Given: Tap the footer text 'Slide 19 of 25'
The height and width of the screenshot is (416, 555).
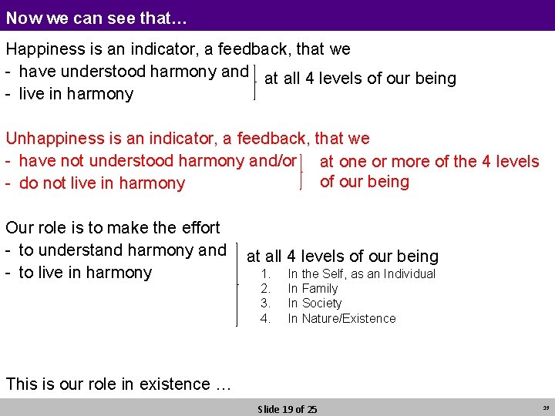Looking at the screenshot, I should click(x=287, y=409).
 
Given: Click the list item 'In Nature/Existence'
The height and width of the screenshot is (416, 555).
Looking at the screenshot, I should click(x=341, y=318).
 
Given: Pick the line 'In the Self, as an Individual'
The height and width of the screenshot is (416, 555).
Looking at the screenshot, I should click(x=362, y=274).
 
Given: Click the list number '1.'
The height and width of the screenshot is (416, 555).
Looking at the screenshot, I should click(x=266, y=274).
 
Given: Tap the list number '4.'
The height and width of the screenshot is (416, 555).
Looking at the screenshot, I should click(x=266, y=318).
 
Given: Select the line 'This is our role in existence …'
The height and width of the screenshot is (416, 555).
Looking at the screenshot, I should click(x=118, y=384).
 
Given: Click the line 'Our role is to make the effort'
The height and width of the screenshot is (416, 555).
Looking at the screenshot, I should click(x=113, y=228).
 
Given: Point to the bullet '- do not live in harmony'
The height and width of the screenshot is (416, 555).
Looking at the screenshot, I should click(x=96, y=183).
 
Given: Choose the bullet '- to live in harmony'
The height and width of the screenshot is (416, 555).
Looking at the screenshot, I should click(x=79, y=273).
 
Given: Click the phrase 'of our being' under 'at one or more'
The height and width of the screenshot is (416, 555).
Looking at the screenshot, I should click(x=365, y=182).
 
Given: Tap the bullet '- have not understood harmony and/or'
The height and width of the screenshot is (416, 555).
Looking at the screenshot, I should click(x=151, y=161).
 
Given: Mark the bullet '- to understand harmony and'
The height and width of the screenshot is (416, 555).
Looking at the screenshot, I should click(x=116, y=250).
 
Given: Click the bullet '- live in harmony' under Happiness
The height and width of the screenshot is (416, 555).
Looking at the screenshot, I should click(x=69, y=94).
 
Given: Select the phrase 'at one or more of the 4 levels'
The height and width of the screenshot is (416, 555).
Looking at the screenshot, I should click(x=429, y=162).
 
